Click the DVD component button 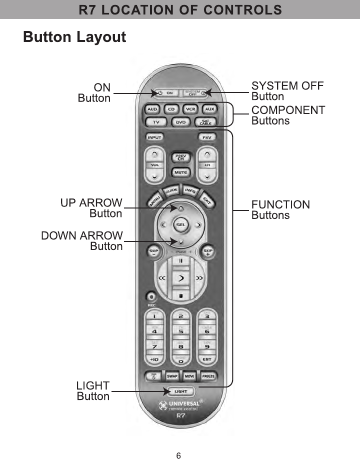point(180,122)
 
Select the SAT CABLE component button point(205,122)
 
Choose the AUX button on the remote point(209,108)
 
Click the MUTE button point(180,172)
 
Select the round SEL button point(180,224)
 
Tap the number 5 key point(180,331)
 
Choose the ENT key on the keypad point(206,359)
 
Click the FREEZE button point(208,375)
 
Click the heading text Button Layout point(74,37)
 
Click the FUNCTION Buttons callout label point(280,210)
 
